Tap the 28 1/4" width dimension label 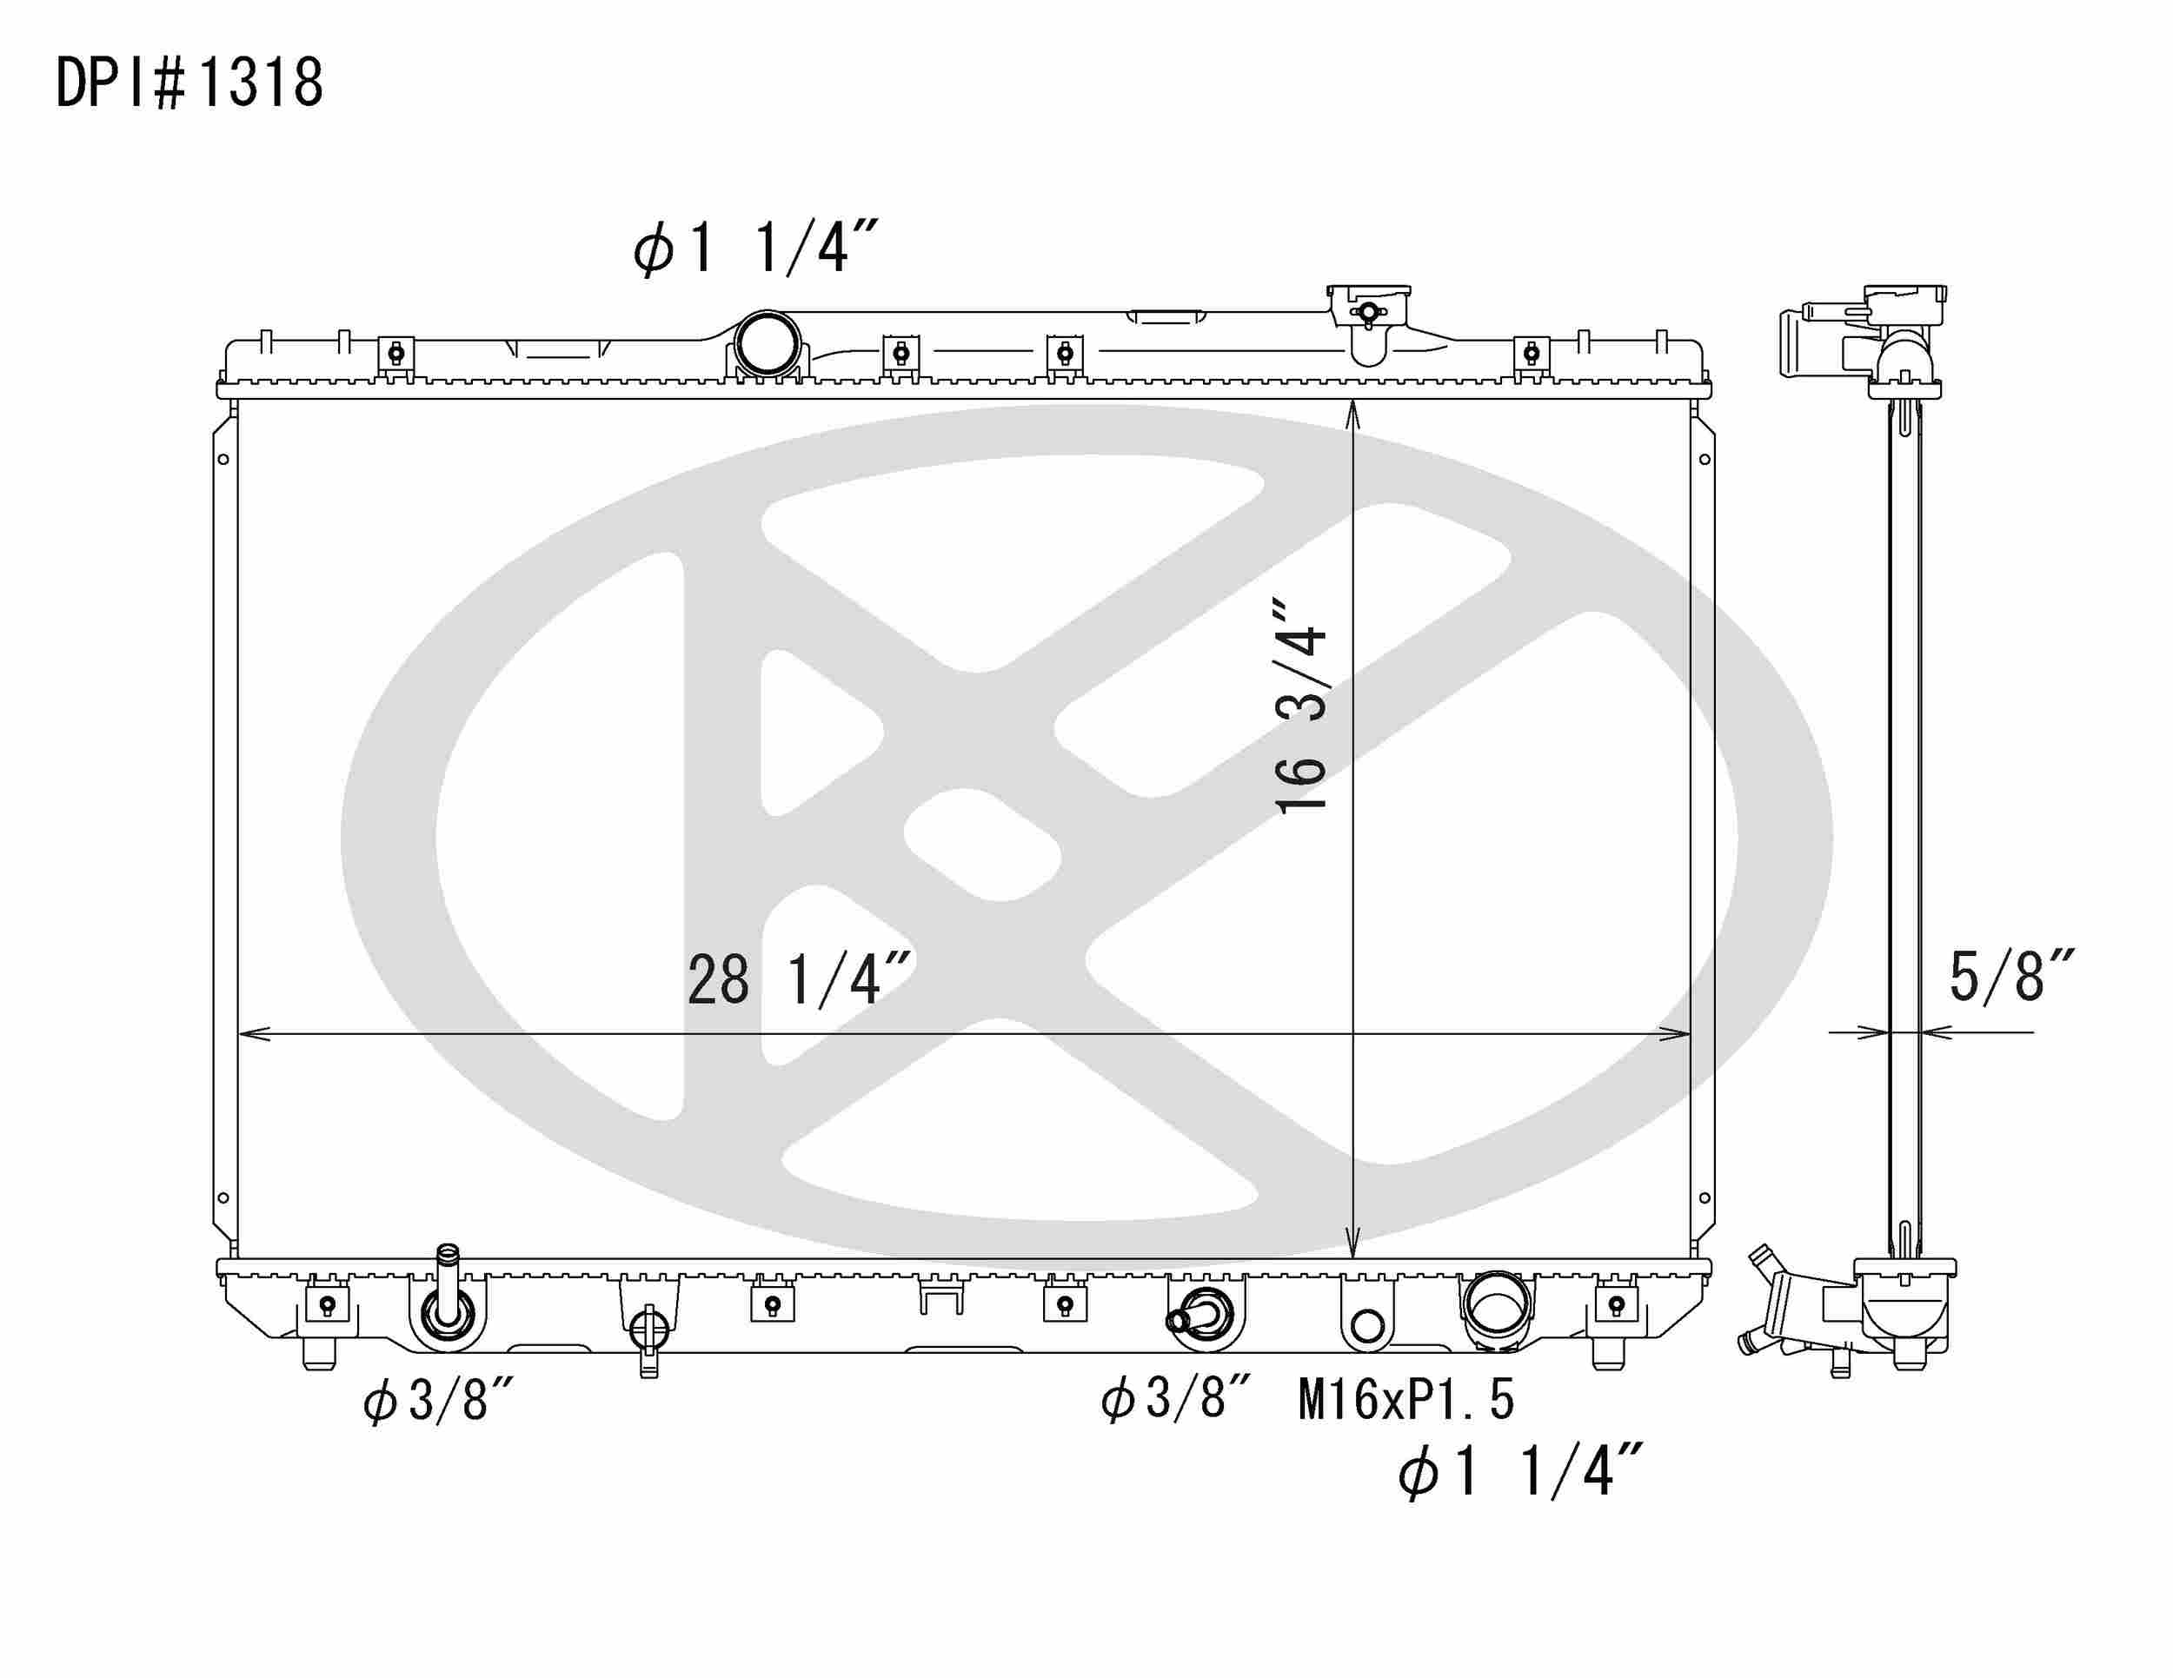799,979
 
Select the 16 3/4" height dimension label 1300,706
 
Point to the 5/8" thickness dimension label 2010,977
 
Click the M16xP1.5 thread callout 1405,1400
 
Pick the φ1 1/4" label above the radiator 755,248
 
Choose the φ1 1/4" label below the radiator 1519,1472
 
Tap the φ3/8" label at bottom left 438,1403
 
